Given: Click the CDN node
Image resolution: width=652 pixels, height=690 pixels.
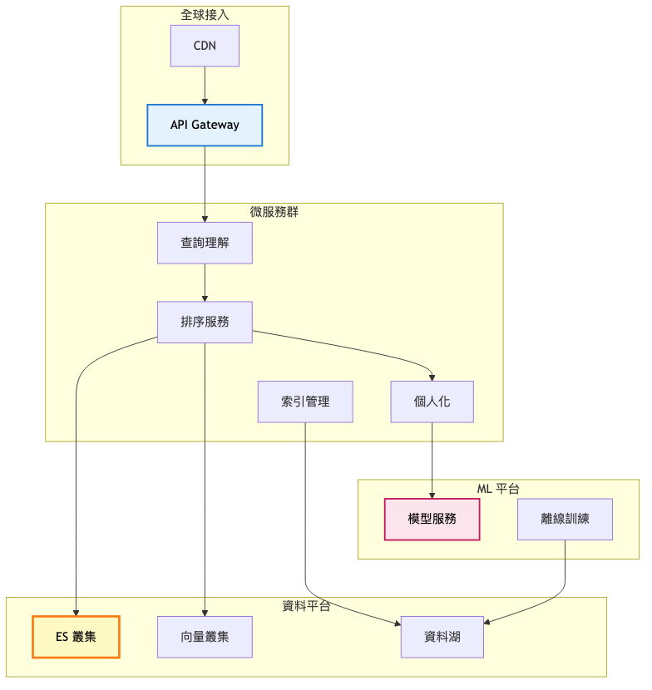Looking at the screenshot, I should coord(205,46).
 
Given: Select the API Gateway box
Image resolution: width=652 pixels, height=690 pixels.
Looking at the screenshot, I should coord(205,125).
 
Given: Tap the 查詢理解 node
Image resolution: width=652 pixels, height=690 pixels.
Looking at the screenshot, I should coord(205,243).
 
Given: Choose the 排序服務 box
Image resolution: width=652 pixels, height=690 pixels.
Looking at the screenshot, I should coord(205,322).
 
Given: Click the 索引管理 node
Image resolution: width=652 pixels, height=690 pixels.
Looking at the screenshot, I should coord(305,402).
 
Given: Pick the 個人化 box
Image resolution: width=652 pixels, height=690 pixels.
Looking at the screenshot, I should coord(432,402).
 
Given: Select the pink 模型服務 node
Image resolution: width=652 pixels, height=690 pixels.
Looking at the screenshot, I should coord(432,519).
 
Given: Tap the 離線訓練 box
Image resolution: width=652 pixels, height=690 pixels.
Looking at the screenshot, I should coord(565,519).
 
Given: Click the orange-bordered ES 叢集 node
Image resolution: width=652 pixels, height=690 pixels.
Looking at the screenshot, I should coord(76,637).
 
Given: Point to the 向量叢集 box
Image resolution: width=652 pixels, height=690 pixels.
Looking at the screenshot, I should coord(205,637).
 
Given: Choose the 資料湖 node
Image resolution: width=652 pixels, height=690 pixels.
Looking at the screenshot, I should coord(442,637).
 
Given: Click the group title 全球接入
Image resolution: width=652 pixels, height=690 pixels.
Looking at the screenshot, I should coord(205,14).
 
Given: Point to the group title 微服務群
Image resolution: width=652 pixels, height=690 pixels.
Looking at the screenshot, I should coord(274,211).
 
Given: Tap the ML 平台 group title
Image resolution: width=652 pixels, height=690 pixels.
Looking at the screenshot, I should coord(498,488).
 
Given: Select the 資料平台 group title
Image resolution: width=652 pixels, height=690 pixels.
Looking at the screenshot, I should coord(306,606).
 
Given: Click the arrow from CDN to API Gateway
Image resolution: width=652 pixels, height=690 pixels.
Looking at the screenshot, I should coord(205,85).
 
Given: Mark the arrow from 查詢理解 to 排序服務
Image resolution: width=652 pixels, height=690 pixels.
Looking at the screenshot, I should coord(205,283).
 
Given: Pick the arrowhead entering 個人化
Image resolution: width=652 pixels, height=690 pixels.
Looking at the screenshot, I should coord(432,377).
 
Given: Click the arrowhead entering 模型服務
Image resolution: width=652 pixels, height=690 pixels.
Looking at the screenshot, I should coord(432,494).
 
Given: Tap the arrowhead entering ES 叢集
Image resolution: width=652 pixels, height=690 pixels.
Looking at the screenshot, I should coord(76,611).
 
